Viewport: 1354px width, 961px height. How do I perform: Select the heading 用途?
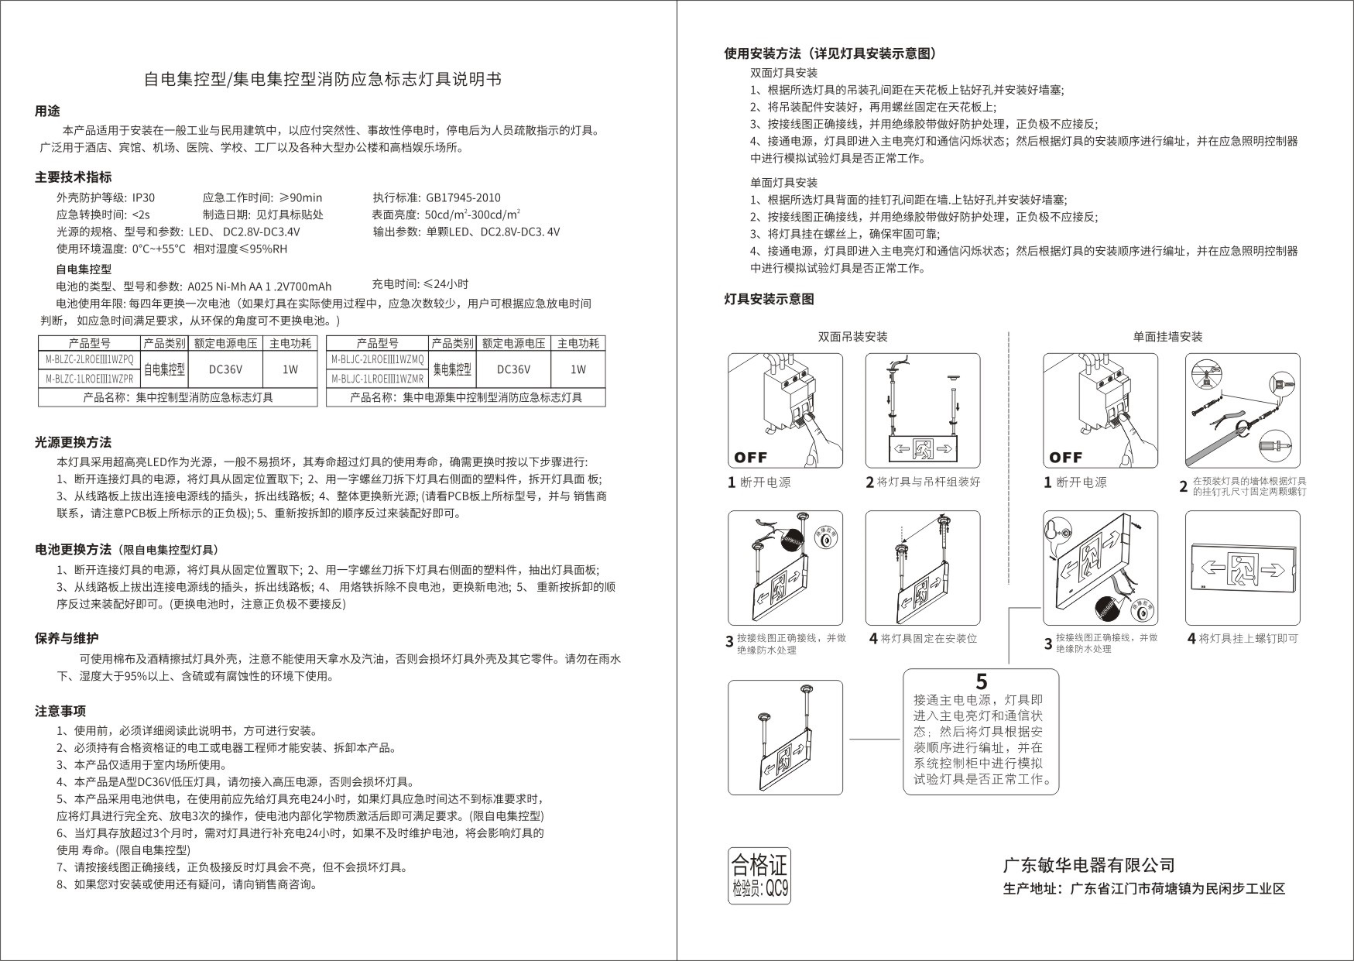point(47,112)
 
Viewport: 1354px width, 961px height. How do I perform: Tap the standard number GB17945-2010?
point(463,197)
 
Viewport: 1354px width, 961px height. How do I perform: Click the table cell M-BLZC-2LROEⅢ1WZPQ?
point(89,359)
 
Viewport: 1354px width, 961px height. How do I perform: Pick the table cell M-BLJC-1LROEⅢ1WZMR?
point(377,379)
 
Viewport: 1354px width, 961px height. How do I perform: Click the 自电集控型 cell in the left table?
point(164,369)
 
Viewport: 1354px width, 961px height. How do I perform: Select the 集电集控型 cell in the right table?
point(451,369)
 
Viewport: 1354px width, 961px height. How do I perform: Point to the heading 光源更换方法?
point(73,442)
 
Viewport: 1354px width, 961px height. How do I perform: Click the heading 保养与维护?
point(67,638)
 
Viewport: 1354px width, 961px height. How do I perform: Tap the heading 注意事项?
point(60,711)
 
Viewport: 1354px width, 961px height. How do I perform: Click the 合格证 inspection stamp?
point(759,876)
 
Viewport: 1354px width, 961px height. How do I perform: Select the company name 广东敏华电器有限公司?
point(1089,865)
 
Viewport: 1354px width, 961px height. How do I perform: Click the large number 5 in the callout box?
point(982,682)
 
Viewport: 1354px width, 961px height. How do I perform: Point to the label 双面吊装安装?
point(852,337)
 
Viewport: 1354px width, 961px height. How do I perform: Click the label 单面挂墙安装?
point(1167,337)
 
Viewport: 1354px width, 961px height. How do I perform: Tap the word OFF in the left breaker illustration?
point(751,457)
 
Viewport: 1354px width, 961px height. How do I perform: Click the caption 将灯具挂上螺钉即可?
point(1248,639)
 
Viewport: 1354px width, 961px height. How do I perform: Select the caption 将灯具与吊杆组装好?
point(928,482)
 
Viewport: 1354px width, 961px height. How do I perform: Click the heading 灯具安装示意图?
point(769,300)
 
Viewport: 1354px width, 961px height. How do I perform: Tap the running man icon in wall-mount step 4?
point(1243,568)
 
